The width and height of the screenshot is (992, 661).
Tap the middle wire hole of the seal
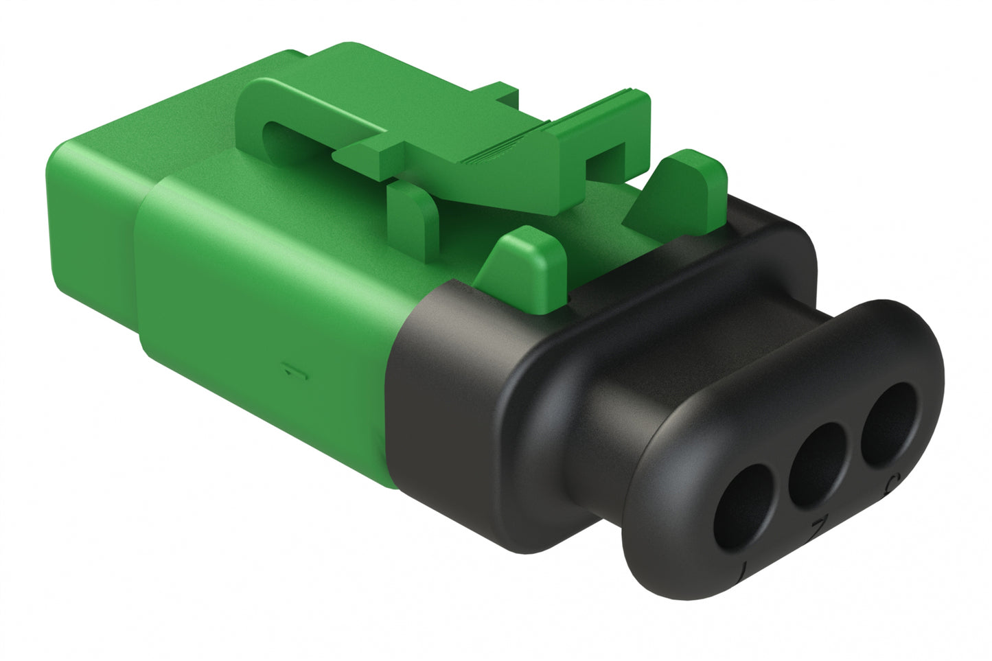click(819, 459)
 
